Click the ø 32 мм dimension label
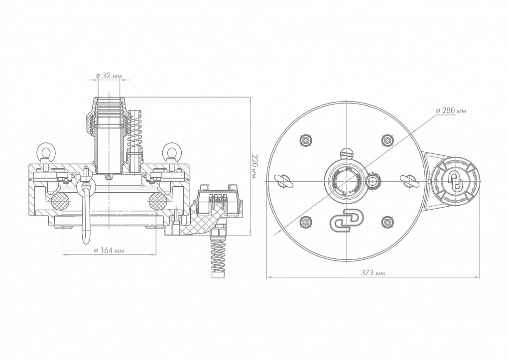click(109, 76)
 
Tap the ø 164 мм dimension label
click(109, 250)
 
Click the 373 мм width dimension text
click(373, 273)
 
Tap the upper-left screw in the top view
click(306, 140)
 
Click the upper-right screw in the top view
click(387, 140)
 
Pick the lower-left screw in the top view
click(306, 223)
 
